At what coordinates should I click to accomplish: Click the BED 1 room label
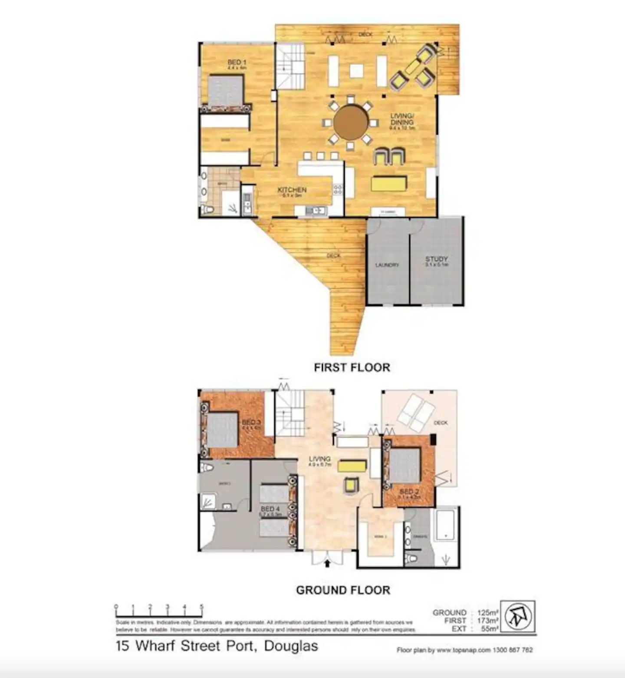pos(237,63)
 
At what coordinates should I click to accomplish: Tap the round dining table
pos(351,122)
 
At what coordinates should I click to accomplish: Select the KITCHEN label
pos(292,190)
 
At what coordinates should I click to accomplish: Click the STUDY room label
pos(436,259)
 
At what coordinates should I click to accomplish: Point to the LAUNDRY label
pos(387,265)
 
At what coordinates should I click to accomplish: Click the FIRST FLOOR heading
pos(352,367)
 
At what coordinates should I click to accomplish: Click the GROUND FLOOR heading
pos(343,590)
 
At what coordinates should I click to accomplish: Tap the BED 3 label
pos(251,422)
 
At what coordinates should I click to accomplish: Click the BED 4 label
pos(270,509)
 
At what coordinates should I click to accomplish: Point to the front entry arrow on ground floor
pos(327,564)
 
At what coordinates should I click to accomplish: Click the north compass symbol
pos(517,616)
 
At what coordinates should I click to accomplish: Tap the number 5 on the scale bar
pos(201,607)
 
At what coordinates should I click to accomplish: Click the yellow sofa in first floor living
pos(389,183)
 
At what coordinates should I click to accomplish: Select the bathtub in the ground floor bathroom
pos(445,525)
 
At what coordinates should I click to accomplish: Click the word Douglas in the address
pos(291,646)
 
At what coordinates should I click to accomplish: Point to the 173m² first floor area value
pos(488,621)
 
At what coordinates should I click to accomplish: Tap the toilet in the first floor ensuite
pos(208,210)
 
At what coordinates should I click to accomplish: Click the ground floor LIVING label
pos(320,459)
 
